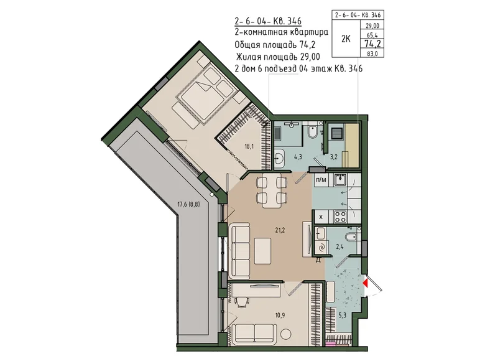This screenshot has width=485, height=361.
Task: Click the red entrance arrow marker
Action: pyautogui.click(x=365, y=283)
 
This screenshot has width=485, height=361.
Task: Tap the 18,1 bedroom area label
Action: pyautogui.click(x=249, y=146)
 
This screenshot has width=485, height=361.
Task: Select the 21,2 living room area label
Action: pyautogui.click(x=280, y=230)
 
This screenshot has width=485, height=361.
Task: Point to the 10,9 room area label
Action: pyautogui.click(x=280, y=316)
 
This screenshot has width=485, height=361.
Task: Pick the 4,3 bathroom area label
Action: pyautogui.click(x=298, y=157)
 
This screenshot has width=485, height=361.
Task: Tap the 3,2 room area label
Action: pyautogui.click(x=333, y=157)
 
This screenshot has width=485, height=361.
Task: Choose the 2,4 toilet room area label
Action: pyautogui.click(x=340, y=246)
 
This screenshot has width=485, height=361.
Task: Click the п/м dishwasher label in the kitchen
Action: pyautogui.click(x=321, y=180)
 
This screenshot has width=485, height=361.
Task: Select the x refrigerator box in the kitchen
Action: pyautogui.click(x=320, y=217)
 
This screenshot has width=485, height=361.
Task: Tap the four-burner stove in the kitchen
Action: pyautogui.click(x=340, y=217)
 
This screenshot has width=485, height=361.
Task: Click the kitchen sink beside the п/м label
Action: pyautogui.click(x=340, y=180)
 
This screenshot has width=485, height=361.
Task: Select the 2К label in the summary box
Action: pyautogui.click(x=346, y=39)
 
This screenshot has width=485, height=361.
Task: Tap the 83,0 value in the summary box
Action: pyautogui.click(x=372, y=54)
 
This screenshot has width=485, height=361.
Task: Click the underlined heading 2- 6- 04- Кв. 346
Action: pyautogui.click(x=268, y=21)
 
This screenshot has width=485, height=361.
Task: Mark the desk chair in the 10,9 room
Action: pyautogui.click(x=242, y=301)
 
